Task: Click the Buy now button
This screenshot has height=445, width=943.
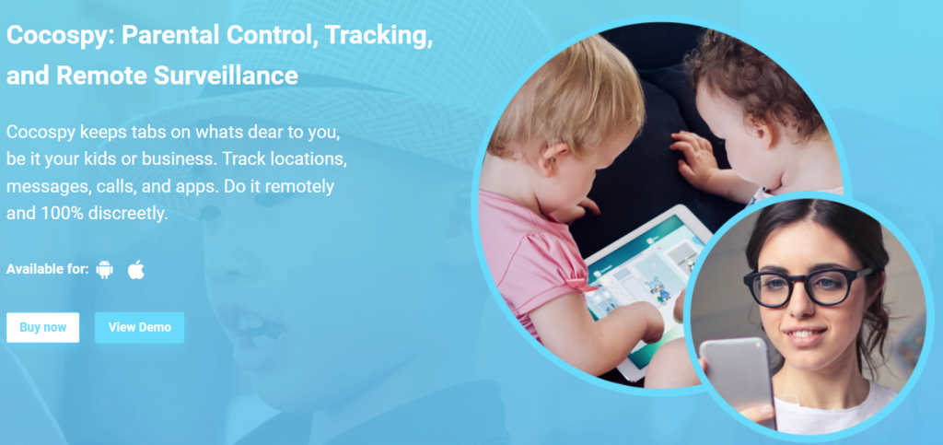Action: [42, 328]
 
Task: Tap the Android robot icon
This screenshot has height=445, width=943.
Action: [105, 269]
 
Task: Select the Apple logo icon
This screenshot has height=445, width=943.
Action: [136, 269]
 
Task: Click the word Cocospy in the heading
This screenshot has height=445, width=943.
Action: [59, 37]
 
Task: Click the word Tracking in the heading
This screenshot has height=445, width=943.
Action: [378, 37]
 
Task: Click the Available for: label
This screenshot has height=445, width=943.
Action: [48, 269]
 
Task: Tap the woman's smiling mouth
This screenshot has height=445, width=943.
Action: [802, 334]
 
